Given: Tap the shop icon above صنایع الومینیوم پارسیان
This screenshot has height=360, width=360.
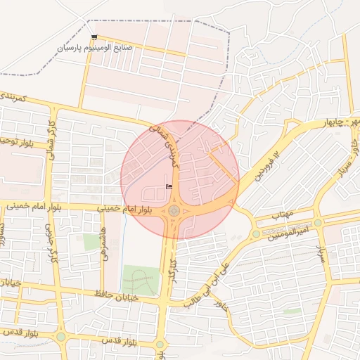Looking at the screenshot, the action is (x=95, y=37).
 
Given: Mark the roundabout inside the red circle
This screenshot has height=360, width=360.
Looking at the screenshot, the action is (x=173, y=210).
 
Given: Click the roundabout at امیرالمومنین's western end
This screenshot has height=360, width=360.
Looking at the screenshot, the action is (x=256, y=234).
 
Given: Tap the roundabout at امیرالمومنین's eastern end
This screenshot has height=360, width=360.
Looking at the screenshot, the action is (x=318, y=222).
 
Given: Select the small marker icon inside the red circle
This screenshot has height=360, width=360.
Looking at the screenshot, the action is (x=168, y=186).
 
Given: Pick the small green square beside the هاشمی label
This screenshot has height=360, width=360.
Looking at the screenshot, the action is (x=91, y=241).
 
